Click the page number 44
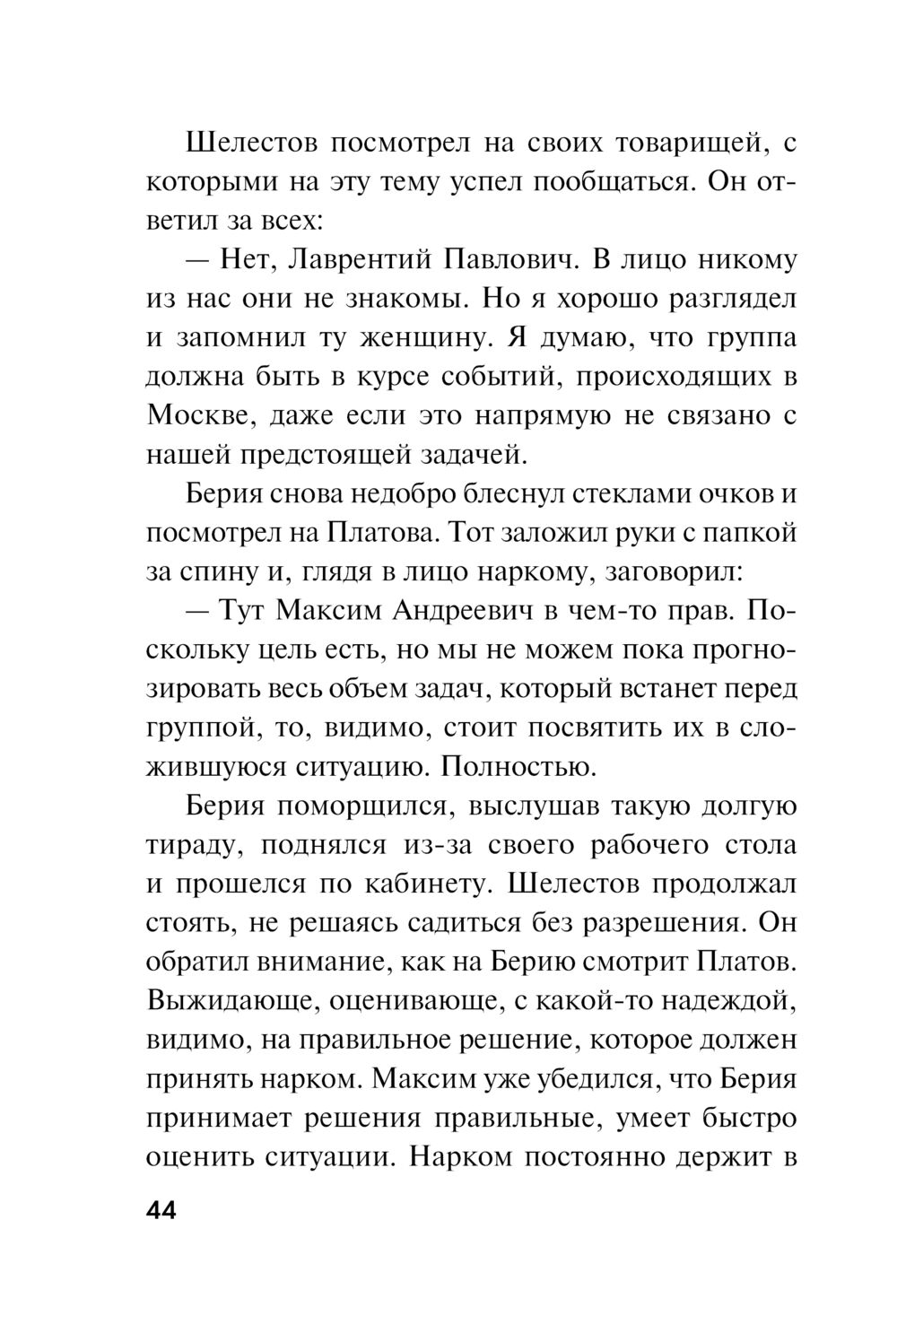(x=162, y=1210)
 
